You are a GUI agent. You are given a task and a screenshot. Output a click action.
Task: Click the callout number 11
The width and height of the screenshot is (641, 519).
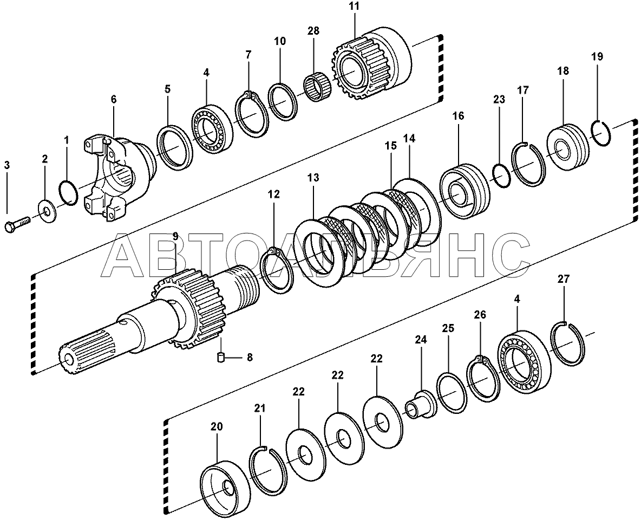click(354, 7)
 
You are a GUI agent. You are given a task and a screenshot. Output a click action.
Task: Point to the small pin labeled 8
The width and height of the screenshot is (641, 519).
click(220, 357)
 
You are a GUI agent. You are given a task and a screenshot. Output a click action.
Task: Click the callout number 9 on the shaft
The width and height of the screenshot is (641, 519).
click(175, 236)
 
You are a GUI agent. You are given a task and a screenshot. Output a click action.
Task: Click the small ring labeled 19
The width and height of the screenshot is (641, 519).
click(601, 133)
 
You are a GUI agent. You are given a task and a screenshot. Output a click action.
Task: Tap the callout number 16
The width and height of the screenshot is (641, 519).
click(458, 115)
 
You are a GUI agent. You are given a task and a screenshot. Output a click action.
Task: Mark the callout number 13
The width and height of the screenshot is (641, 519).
click(313, 178)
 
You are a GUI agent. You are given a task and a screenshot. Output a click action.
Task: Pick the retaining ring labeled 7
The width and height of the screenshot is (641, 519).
click(251, 116)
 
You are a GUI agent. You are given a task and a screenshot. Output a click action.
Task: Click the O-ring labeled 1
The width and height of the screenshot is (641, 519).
click(69, 193)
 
